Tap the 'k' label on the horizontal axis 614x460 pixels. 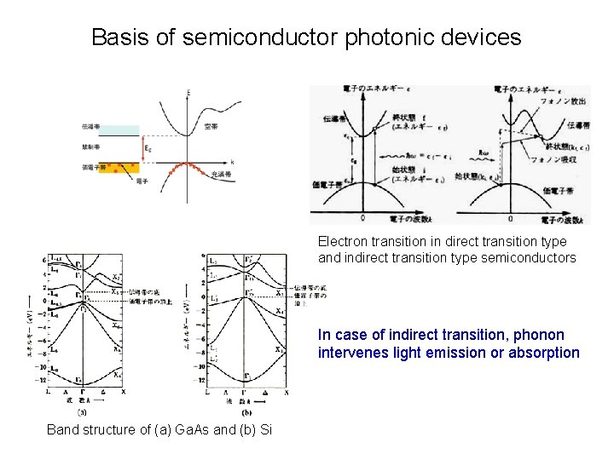click(x=232, y=161)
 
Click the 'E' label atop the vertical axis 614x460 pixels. click(x=188, y=91)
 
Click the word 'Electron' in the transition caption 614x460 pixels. click(x=344, y=242)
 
